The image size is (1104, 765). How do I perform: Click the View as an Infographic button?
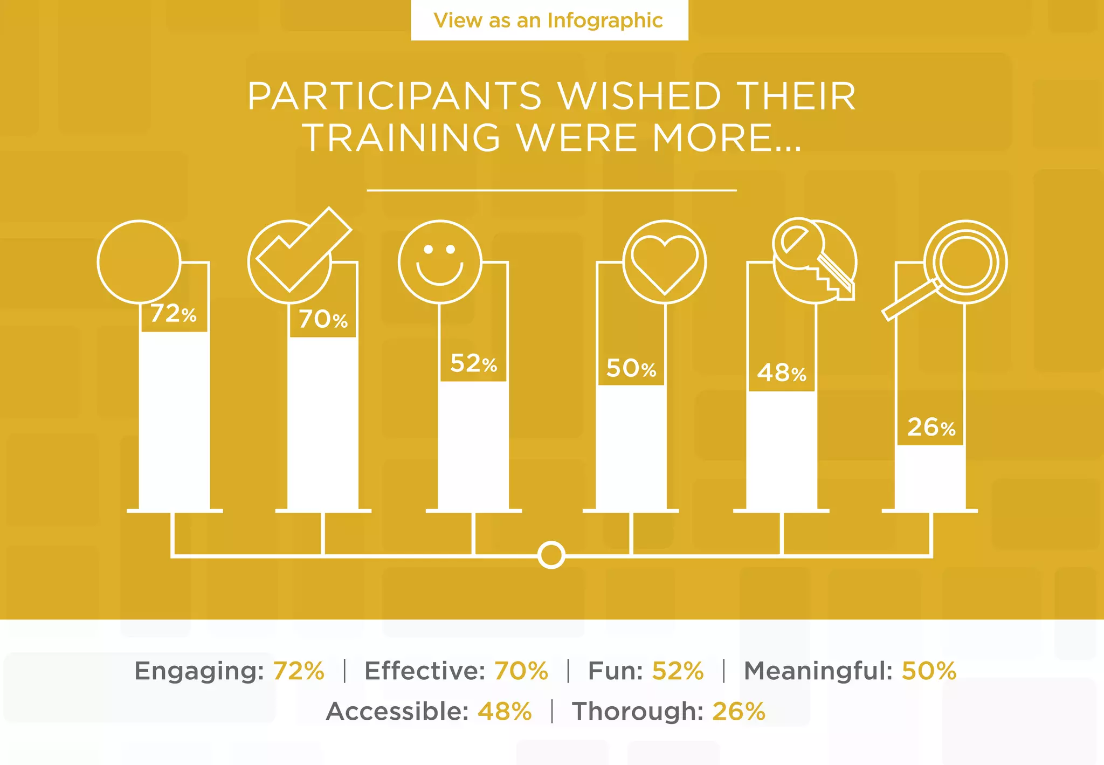point(549,20)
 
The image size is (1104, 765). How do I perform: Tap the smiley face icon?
point(440,262)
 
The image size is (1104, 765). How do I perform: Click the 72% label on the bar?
point(174,314)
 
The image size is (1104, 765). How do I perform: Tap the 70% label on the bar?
point(323,319)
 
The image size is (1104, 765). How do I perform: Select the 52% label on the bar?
point(473,364)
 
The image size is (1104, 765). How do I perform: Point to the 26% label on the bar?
point(931,428)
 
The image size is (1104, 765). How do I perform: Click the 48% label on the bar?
point(782,373)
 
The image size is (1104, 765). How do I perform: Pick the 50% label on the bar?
point(631,369)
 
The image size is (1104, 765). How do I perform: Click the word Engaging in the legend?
point(198,671)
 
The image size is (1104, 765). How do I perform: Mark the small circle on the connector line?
point(551,555)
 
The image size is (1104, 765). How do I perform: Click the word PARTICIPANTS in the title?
point(394,97)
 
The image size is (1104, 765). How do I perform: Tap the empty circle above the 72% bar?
point(139,261)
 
